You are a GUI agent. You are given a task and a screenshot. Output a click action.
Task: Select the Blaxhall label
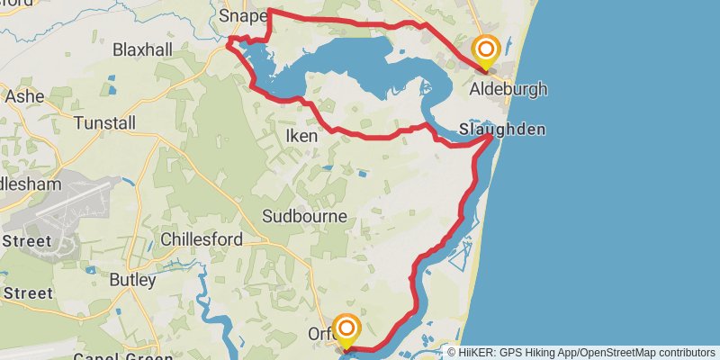pyautogui.click(x=142, y=50)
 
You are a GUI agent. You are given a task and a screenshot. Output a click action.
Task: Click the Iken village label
pyautogui.click(x=301, y=135)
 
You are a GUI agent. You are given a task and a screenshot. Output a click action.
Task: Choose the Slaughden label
pyautogui.click(x=501, y=130)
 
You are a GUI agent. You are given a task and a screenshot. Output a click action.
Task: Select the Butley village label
pyautogui.click(x=132, y=280)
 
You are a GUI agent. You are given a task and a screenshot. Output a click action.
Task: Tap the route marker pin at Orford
pyautogui.click(x=346, y=328)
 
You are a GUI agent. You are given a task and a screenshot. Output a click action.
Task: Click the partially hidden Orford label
pyautogui.click(x=320, y=334)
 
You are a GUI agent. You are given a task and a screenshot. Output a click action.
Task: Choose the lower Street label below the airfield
pyautogui.click(x=27, y=292)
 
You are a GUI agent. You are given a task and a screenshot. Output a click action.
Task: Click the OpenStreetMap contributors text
pyautogui.click(x=644, y=352)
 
